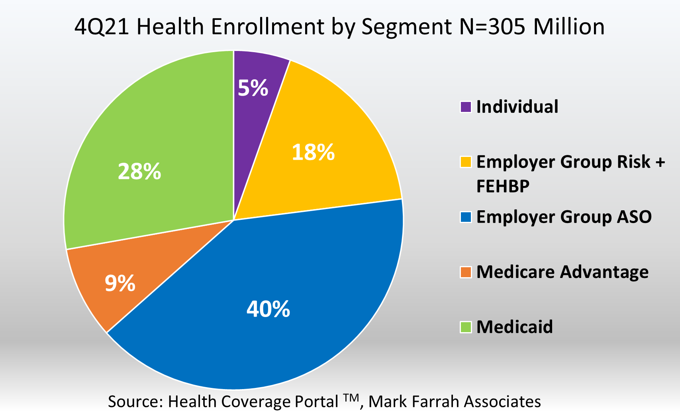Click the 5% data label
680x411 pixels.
click(x=253, y=88)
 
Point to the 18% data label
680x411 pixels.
click(x=313, y=153)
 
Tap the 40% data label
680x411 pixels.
click(x=268, y=309)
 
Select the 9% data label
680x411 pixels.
click(x=120, y=284)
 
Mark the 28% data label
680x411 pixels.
click(x=139, y=172)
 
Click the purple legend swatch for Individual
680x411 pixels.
click(x=466, y=107)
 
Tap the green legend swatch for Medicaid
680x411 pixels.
click(x=466, y=327)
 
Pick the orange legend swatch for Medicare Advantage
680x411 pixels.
click(x=466, y=272)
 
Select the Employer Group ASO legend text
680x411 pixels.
click(x=564, y=217)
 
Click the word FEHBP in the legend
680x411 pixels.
click(x=503, y=186)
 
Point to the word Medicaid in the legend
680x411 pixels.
click(x=515, y=327)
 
